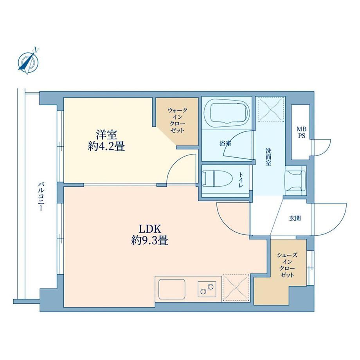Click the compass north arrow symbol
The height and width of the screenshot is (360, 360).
point(28,61)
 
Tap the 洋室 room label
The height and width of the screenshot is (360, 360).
point(106,135)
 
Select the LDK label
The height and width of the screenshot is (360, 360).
point(150,229)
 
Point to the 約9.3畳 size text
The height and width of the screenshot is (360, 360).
point(150,240)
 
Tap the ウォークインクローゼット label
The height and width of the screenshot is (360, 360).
point(178,120)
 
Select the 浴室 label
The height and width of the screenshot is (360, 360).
point(225,144)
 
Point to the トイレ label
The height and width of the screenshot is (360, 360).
point(241,180)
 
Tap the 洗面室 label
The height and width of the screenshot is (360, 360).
point(268,157)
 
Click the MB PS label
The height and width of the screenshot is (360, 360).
point(301,133)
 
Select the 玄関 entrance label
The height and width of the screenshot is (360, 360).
point(295,218)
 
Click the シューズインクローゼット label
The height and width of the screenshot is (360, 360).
point(287,265)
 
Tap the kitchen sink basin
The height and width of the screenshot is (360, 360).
point(172,289)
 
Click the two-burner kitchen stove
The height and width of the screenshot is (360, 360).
point(207,289)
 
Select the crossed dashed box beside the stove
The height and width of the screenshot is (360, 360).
point(236,288)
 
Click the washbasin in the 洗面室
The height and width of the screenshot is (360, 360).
point(295,181)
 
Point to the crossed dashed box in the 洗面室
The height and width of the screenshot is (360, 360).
point(271,109)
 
